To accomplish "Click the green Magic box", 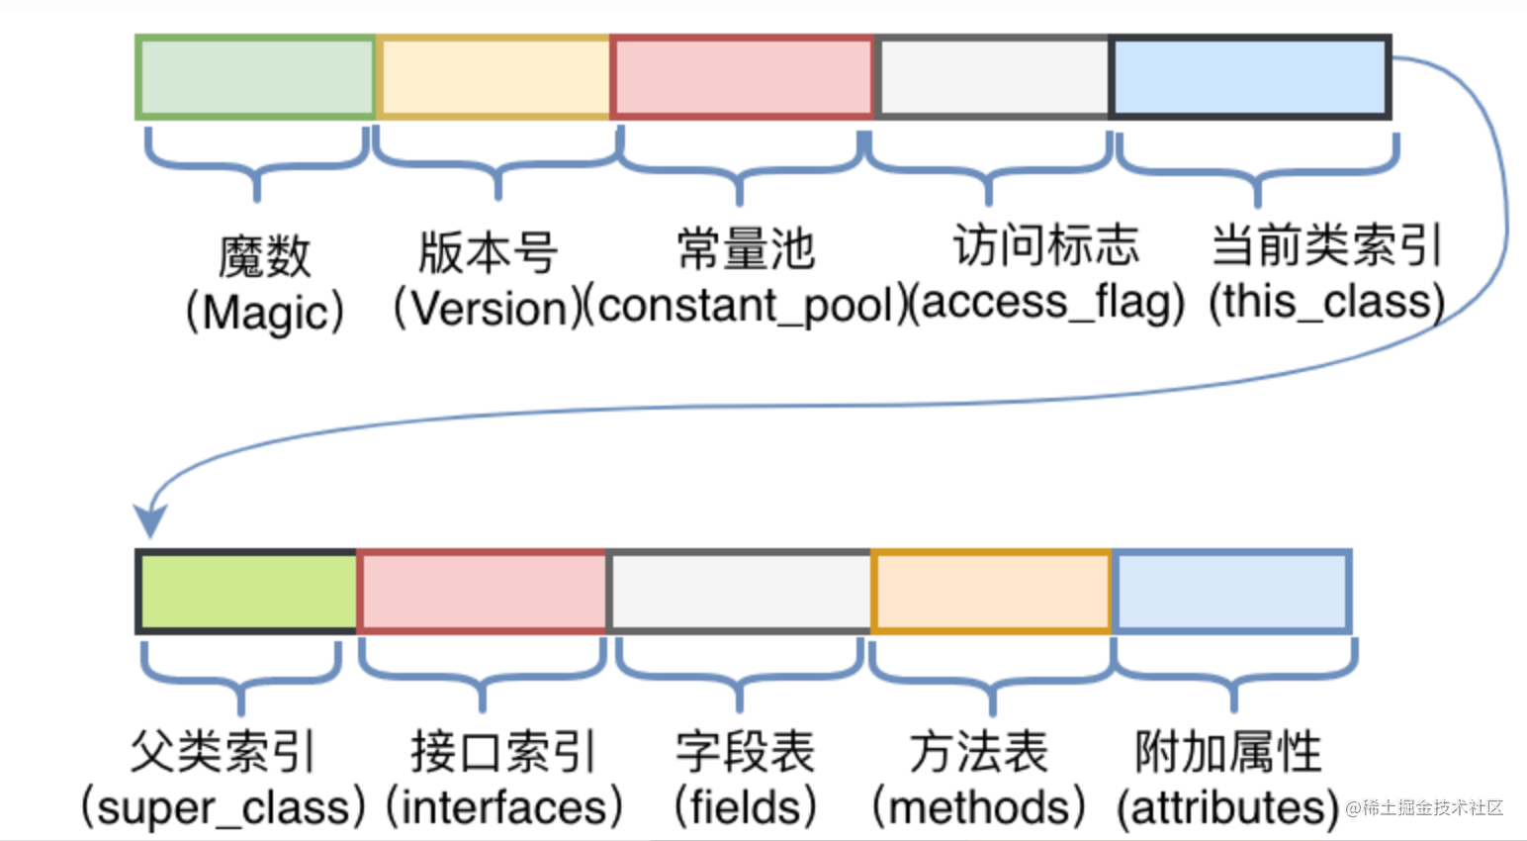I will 256,77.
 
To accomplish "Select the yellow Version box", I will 494,77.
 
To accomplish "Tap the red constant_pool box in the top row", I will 743,77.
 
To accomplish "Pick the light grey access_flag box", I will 993,77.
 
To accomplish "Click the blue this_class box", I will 1251,77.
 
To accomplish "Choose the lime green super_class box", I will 247,592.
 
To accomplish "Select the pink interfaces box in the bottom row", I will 482,592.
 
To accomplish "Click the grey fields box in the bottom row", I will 740,592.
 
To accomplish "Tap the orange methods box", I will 992,592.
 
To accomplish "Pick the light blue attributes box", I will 1232,592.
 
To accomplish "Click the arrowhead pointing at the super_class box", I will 150,519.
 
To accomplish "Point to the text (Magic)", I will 265,313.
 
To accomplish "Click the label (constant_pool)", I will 745,306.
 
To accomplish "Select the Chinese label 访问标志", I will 1046,245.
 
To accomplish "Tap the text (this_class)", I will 1326,302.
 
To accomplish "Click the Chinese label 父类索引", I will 224,752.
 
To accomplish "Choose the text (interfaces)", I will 504,807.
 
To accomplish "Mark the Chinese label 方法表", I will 979,752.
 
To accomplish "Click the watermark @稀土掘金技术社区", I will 1424,808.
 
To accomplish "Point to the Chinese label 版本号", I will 489,251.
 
